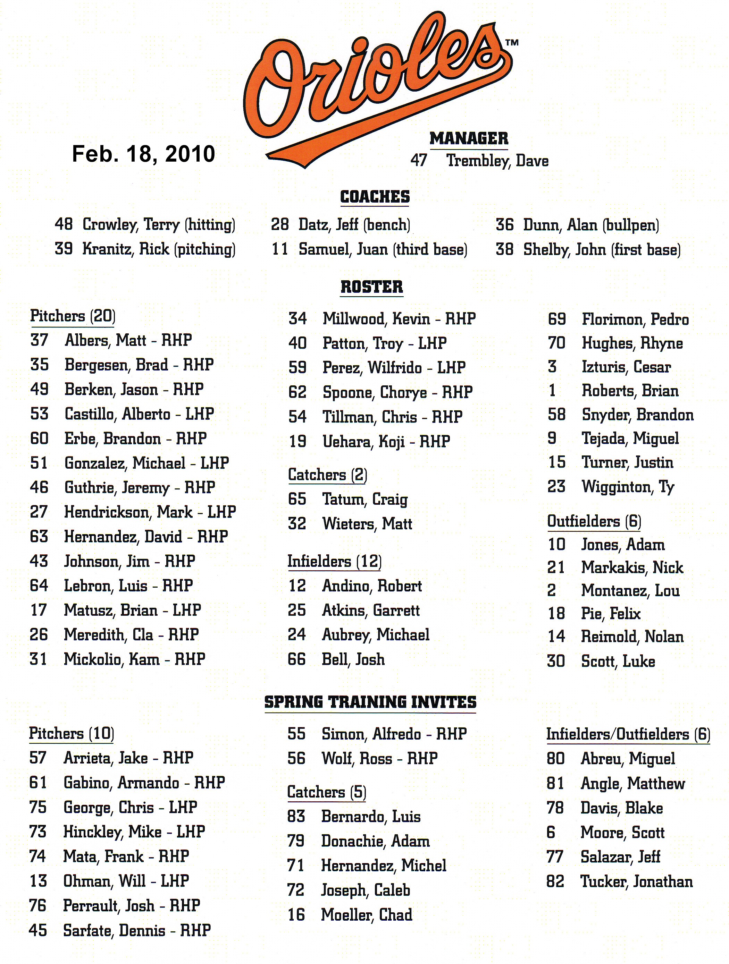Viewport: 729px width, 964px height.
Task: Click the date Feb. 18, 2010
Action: [143, 154]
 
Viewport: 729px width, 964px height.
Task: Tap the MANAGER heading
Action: [469, 139]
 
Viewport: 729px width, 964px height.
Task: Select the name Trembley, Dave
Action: [497, 161]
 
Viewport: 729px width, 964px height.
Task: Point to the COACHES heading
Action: [375, 197]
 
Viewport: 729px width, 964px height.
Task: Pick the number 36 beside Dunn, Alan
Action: [504, 225]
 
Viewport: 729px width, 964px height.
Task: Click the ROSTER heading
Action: [371, 287]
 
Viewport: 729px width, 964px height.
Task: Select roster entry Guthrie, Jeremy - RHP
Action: [140, 487]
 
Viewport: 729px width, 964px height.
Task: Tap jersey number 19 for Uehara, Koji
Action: [298, 442]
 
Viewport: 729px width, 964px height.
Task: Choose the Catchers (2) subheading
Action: [327, 475]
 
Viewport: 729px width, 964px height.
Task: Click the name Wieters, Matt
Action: [367, 523]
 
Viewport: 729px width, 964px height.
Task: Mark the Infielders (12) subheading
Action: [334, 561]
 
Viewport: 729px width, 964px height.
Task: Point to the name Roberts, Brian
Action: [630, 391]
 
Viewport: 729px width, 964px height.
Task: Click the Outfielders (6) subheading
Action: [594, 521]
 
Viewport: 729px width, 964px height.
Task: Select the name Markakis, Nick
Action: [632, 568]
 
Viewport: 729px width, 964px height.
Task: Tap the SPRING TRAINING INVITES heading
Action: [370, 702]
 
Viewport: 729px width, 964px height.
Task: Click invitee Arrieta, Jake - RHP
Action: [128, 758]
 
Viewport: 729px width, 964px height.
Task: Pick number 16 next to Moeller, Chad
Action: [296, 915]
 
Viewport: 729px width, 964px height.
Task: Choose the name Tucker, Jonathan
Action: [637, 882]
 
